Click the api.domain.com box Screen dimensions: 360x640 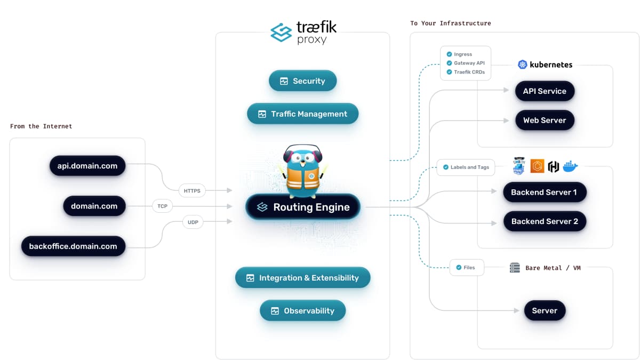click(87, 166)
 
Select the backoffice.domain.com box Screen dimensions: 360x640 click(73, 246)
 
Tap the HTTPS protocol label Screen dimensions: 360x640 click(192, 190)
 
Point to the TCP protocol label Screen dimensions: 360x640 click(162, 206)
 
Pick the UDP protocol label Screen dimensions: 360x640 click(193, 222)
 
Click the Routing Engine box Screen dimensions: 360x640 click(303, 207)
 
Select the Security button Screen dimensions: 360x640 click(302, 81)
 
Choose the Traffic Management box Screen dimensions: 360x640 click(302, 114)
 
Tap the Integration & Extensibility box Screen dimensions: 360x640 click(302, 278)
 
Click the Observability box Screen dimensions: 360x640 click(302, 311)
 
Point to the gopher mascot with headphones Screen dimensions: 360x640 click(303, 167)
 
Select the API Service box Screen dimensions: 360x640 click(545, 91)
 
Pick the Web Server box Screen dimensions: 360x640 click(545, 121)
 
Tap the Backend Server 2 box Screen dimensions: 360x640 click(545, 221)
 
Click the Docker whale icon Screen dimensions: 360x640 click(570, 166)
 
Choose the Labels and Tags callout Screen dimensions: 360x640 click(466, 167)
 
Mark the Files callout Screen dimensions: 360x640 click(466, 268)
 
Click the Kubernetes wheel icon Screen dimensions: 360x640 click(523, 65)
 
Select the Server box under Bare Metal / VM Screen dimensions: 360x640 click(545, 311)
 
